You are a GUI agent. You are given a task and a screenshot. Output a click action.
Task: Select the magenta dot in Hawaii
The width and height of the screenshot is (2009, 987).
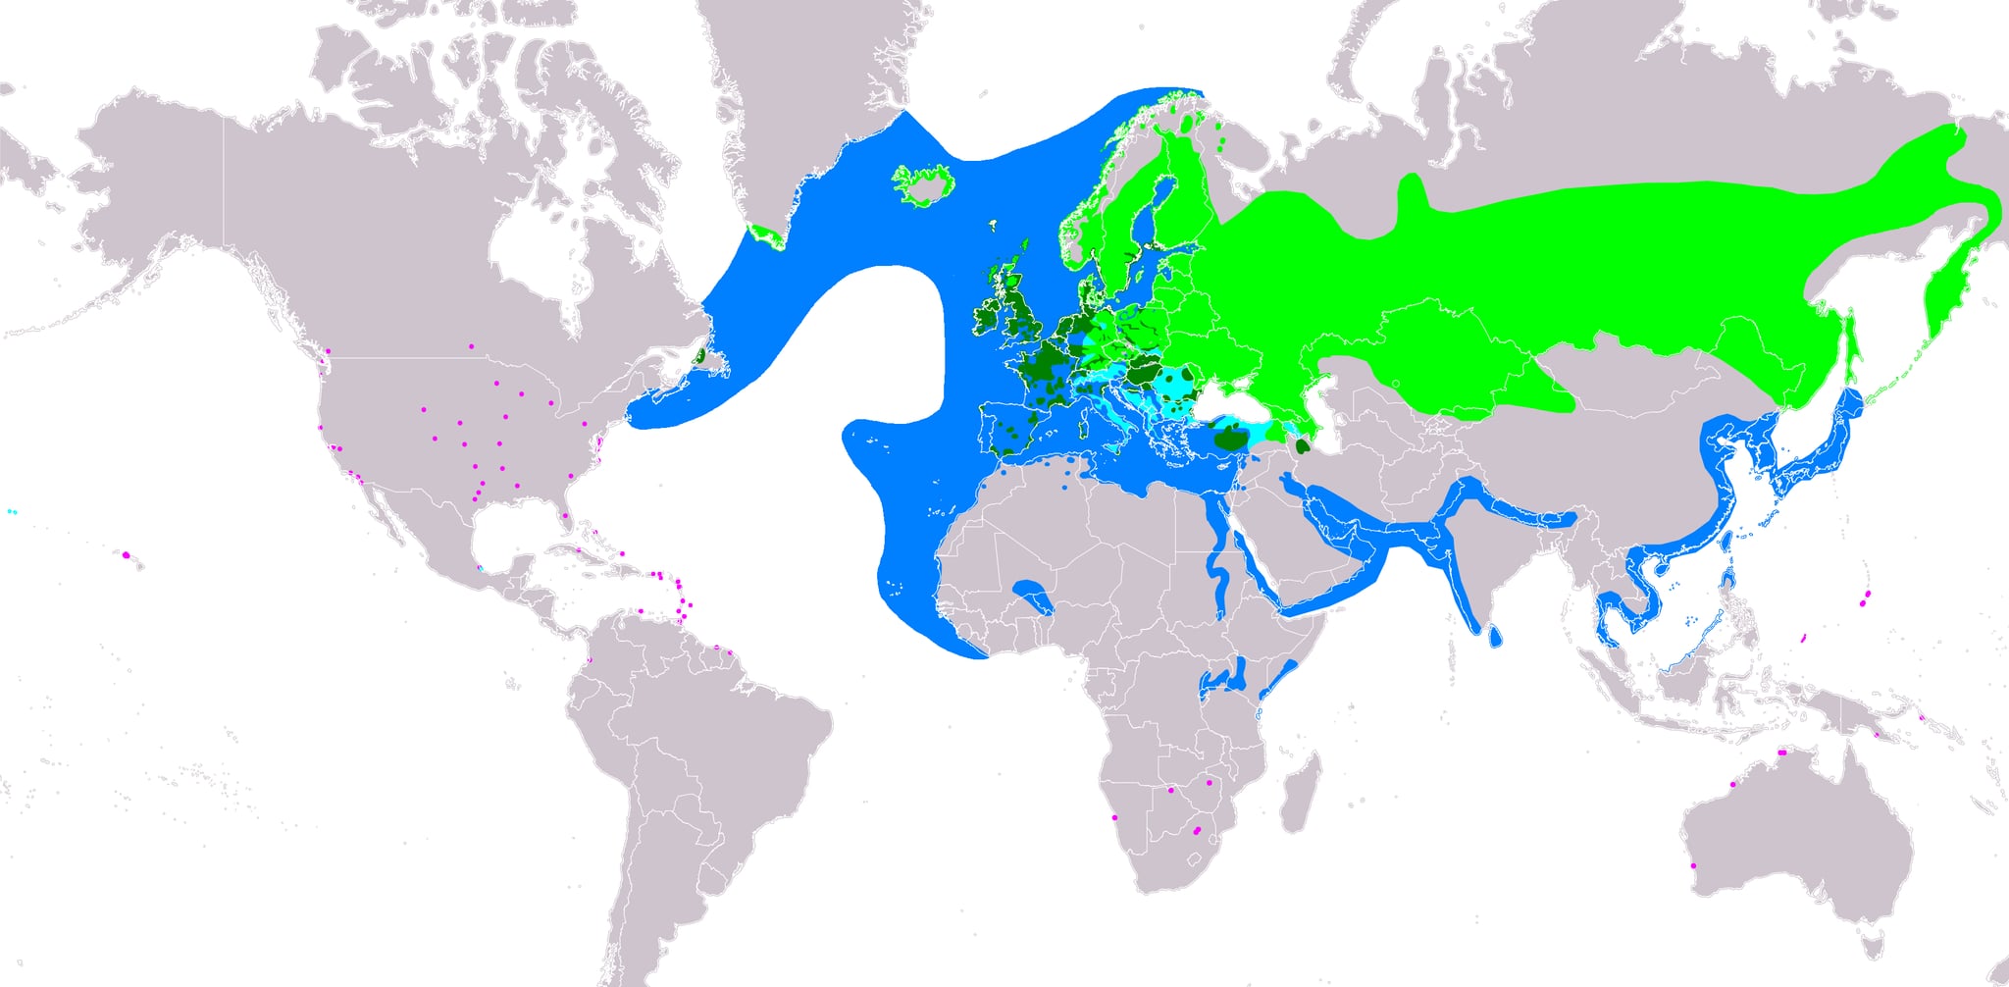point(127,555)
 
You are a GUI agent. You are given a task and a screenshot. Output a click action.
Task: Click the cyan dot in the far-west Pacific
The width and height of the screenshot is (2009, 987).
point(11,512)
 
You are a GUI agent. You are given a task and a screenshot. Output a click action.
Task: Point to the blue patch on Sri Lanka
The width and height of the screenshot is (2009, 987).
point(1493,637)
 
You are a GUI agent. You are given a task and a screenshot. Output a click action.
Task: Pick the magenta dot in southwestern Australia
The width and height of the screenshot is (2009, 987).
point(1694,865)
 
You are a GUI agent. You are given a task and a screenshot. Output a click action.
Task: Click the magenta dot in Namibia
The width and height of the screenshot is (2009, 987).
point(1114,817)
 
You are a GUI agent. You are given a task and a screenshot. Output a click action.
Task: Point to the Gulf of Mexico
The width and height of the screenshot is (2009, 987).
point(510,535)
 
